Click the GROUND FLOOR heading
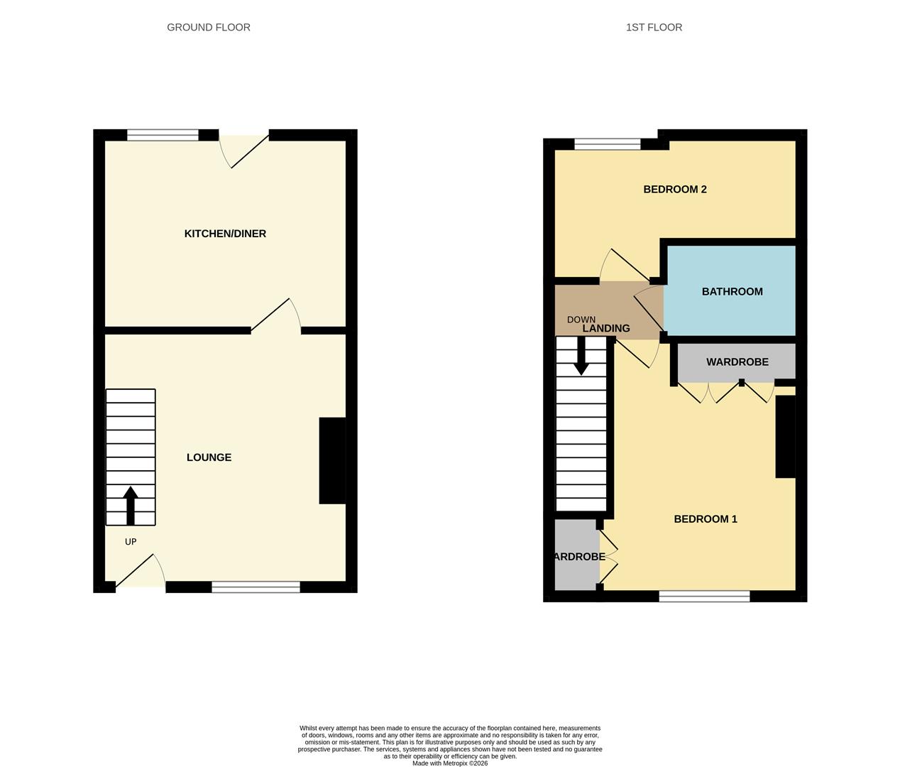(x=209, y=28)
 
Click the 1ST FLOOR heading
(x=654, y=28)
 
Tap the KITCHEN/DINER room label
(x=225, y=234)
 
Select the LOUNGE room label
(x=209, y=457)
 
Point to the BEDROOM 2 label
(x=674, y=190)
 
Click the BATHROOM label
(x=732, y=291)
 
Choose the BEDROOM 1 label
(x=705, y=519)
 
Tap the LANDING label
(x=606, y=328)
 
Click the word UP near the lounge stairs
(x=131, y=542)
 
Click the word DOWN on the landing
(x=581, y=320)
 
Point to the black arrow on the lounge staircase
(x=131, y=504)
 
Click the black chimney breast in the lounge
(x=332, y=460)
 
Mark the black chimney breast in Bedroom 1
(x=785, y=436)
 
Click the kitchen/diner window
(x=163, y=135)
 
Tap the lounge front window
(x=256, y=587)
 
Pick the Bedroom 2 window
(x=607, y=144)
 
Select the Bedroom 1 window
(x=704, y=597)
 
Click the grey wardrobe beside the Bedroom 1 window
(x=576, y=555)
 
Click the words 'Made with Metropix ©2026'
(x=450, y=763)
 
